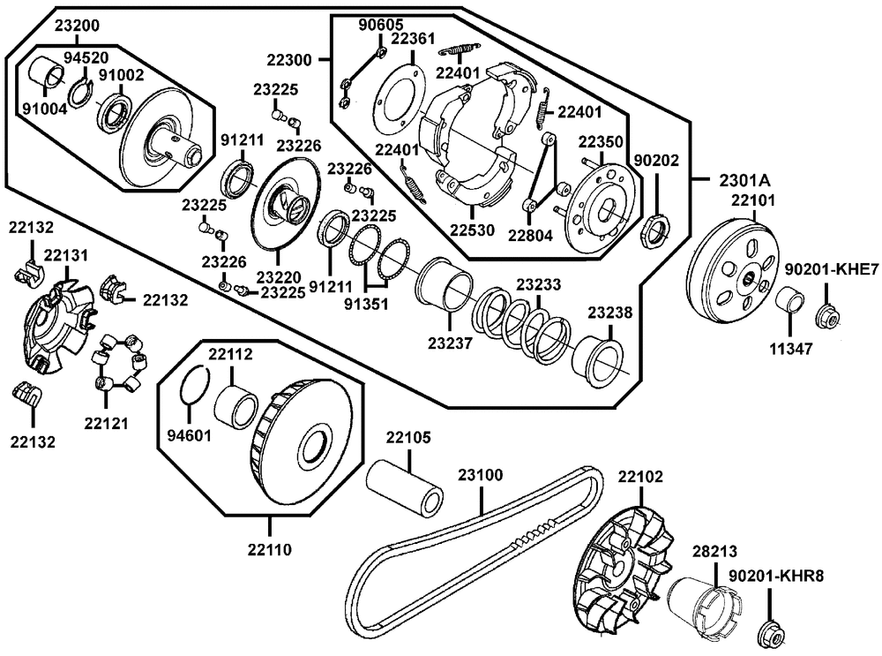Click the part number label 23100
tap(480, 474)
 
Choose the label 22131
tap(66, 255)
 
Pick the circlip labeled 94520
tap(84, 91)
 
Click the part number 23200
tap(79, 26)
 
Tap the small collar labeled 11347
tap(789, 300)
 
